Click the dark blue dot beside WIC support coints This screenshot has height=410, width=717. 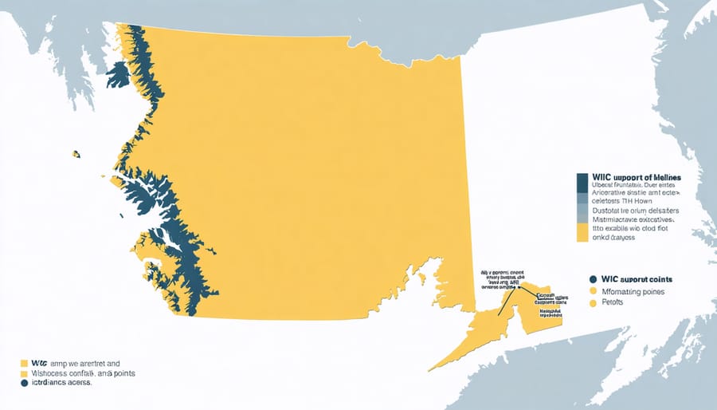coord(593,280)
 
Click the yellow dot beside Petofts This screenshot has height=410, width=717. coord(593,304)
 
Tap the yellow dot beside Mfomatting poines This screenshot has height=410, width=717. coord(593,292)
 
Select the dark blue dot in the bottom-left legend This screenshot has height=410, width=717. coord(24,383)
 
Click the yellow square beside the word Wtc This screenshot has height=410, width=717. coord(24,361)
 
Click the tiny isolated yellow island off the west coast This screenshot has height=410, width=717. coord(76,153)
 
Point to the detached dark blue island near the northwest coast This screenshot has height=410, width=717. coord(117,74)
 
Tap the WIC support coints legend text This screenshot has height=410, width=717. coord(638,280)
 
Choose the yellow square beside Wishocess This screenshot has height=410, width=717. coord(24,372)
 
